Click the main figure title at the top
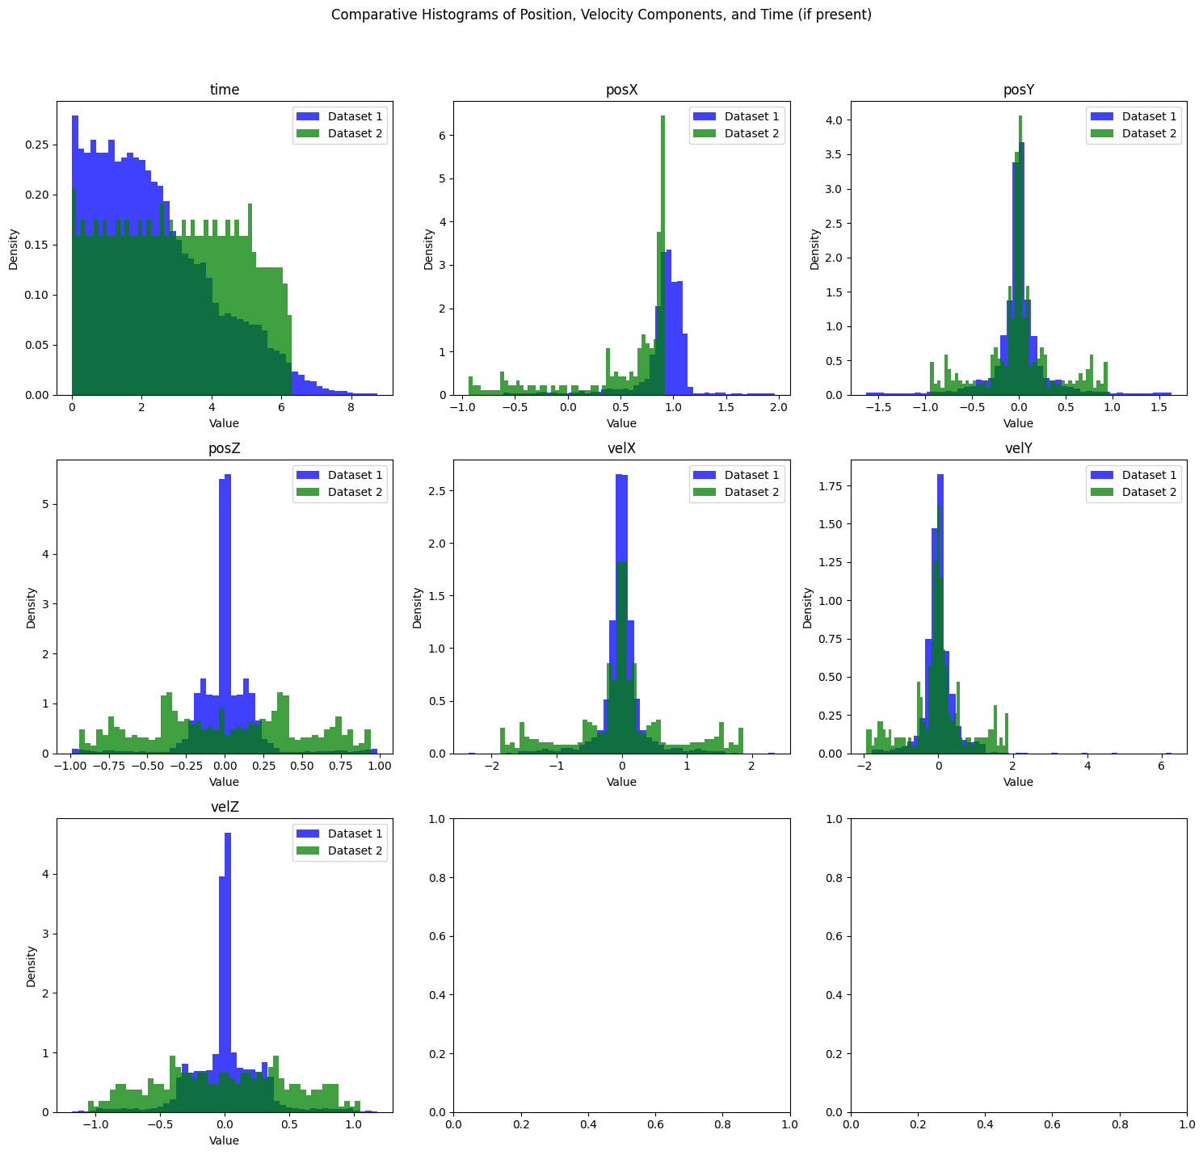pyautogui.click(x=601, y=15)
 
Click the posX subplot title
pyautogui.click(x=621, y=90)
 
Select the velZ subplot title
pyautogui.click(x=224, y=808)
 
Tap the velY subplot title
pyautogui.click(x=1019, y=448)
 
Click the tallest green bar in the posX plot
pyautogui.click(x=662, y=242)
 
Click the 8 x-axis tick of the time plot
pyautogui.click(x=351, y=409)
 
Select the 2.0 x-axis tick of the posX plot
pyautogui.click(x=778, y=409)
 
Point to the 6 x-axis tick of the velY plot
pyautogui.click(x=1161, y=767)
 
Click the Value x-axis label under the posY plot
pyautogui.click(x=1019, y=423)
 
